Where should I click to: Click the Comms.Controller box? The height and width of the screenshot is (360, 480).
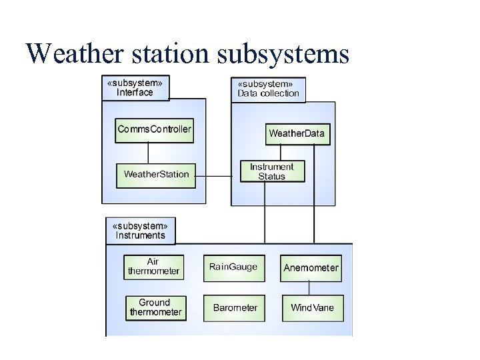154,129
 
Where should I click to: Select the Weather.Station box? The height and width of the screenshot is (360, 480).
156,175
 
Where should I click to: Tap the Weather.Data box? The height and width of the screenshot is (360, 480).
297,133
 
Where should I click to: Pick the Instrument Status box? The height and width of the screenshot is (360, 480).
272,171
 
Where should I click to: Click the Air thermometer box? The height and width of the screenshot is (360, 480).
153,267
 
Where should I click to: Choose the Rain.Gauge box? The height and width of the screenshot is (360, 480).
233,267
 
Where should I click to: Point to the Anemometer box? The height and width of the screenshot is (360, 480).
311,268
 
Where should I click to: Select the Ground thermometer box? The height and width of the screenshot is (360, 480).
155,307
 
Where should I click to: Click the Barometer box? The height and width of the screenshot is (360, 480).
235,308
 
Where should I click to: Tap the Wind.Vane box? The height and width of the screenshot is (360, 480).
312,308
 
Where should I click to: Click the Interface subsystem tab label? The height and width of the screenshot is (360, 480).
135,87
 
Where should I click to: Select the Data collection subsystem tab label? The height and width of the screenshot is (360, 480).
268,89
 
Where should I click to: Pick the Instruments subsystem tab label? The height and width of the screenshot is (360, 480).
140,230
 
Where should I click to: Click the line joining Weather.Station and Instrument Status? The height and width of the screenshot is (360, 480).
218,176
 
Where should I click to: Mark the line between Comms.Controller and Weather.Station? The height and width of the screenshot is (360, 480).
148,153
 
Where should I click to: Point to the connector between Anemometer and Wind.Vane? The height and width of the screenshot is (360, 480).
309,287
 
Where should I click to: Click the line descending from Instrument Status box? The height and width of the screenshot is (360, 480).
265,213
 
